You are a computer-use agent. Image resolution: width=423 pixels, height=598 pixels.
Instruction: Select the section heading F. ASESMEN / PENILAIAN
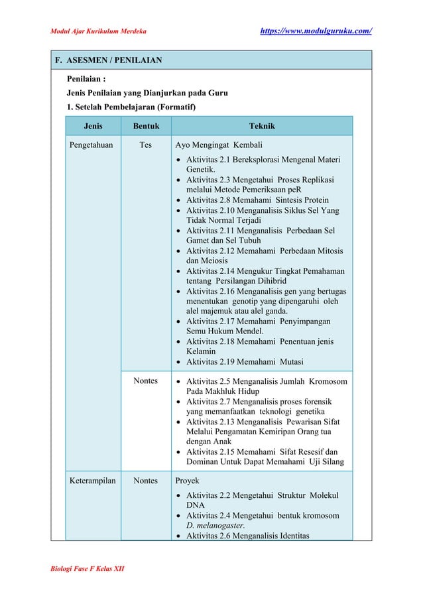[108, 60]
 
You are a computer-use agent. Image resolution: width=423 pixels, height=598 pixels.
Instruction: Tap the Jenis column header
[93, 126]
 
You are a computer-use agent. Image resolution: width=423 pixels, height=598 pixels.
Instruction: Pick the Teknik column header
[261, 126]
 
